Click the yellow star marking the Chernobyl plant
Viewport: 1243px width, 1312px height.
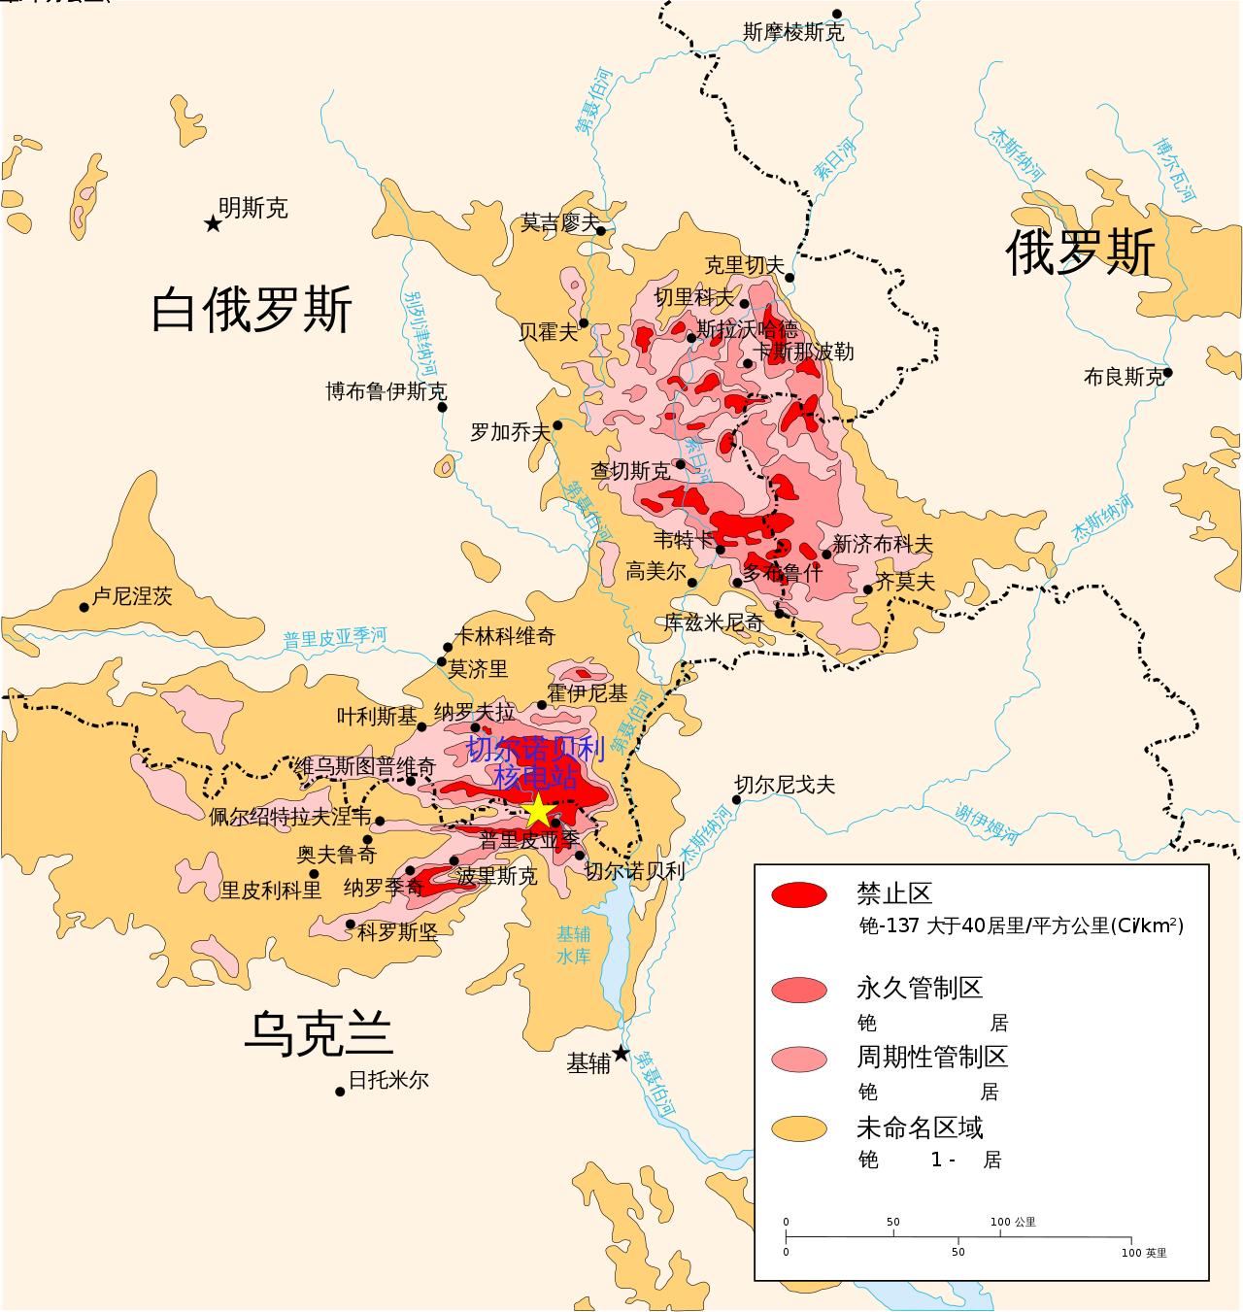click(537, 810)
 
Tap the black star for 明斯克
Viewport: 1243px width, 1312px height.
click(213, 224)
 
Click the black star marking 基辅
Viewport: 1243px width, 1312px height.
click(621, 1054)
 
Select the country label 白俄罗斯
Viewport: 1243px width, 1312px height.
click(251, 310)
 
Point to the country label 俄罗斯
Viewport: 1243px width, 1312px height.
click(1079, 253)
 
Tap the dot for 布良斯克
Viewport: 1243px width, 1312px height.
click(1168, 372)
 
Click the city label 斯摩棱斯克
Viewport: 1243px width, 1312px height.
click(792, 32)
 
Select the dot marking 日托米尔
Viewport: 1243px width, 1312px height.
click(340, 1092)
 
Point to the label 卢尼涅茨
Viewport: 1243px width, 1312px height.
click(132, 596)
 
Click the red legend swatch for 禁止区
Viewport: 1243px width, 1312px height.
click(799, 895)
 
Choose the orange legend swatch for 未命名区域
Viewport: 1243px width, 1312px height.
click(799, 1128)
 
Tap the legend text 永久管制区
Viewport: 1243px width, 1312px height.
click(919, 989)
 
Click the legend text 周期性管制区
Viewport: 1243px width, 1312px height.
click(931, 1057)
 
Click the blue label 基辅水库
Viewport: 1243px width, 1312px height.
click(573, 945)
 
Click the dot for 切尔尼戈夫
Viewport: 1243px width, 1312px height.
click(736, 800)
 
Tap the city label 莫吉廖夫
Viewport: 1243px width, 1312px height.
click(559, 222)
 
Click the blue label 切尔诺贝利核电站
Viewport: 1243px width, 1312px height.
click(535, 762)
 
